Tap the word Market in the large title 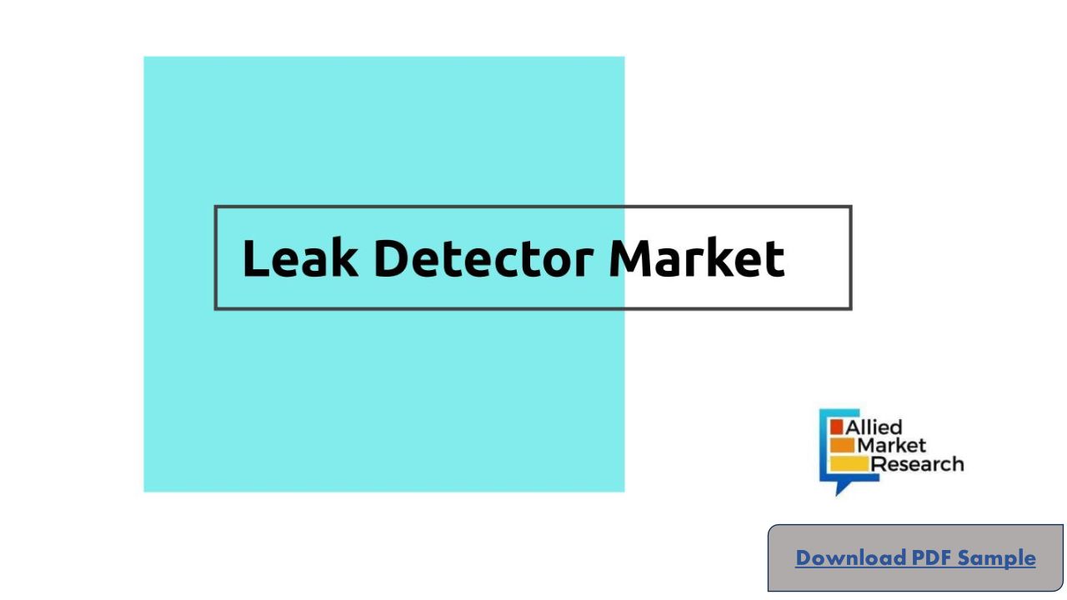tap(697, 258)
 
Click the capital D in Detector tap(394, 258)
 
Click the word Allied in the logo tap(874, 427)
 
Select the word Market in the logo tap(892, 446)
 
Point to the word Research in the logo tap(917, 464)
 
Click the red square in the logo tap(837, 427)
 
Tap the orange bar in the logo tap(843, 445)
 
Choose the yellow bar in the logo tap(850, 463)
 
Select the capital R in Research tap(879, 464)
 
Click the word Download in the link tap(850, 557)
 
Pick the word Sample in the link tap(997, 557)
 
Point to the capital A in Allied tap(853, 427)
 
